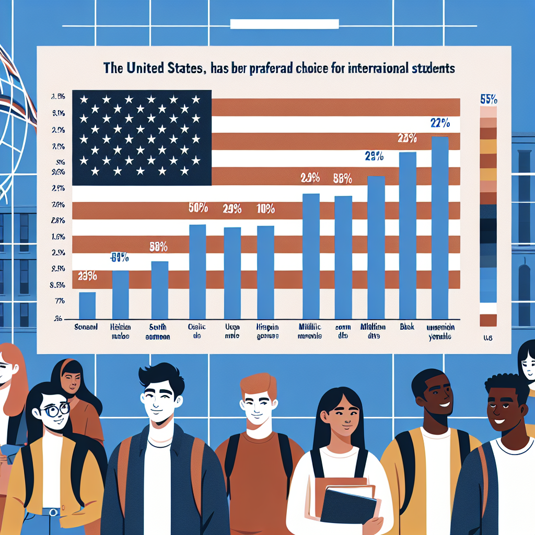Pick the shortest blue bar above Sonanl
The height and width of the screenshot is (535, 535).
click(x=87, y=306)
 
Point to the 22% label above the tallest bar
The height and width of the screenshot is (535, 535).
click(x=440, y=124)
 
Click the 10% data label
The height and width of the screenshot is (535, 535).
click(x=266, y=210)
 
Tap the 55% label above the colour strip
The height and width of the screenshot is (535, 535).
click(x=488, y=99)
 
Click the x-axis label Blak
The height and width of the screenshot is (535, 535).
click(x=407, y=327)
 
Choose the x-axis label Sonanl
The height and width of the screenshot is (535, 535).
click(x=86, y=327)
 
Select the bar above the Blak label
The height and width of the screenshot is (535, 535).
click(x=408, y=235)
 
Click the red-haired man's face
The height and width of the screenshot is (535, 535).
click(x=258, y=403)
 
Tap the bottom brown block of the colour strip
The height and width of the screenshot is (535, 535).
click(x=488, y=320)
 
